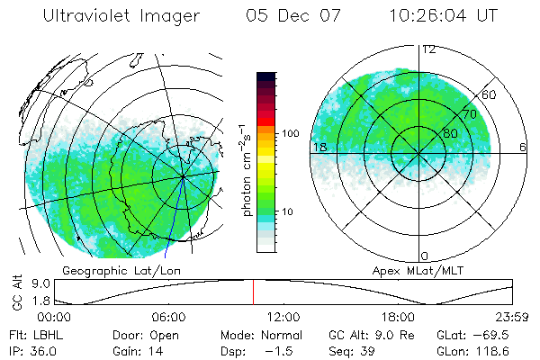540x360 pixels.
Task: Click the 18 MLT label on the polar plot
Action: pyautogui.click(x=318, y=147)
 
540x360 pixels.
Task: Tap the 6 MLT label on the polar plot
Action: pyautogui.click(x=522, y=147)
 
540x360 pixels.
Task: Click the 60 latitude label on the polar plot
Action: pyautogui.click(x=490, y=94)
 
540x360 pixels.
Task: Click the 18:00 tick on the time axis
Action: pyautogui.click(x=398, y=317)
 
